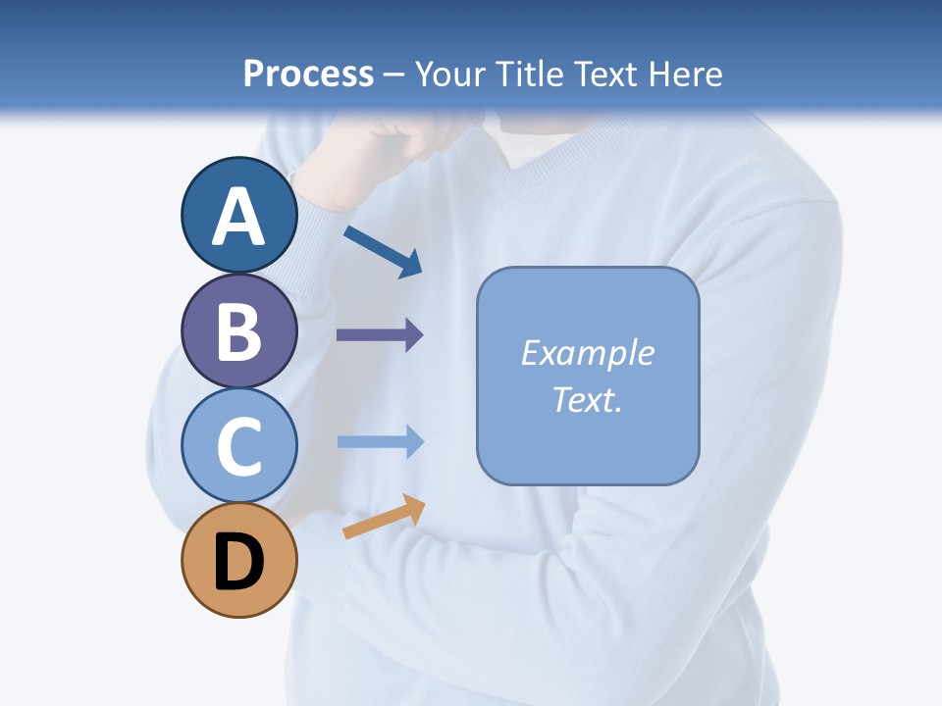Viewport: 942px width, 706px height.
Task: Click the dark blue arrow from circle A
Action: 383,251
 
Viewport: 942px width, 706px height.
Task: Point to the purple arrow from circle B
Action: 380,335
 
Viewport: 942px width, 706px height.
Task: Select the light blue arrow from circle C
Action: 380,442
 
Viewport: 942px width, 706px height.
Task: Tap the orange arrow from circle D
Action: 384,517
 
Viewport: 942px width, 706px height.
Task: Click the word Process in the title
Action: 308,75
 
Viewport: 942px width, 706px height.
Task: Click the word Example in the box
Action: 587,353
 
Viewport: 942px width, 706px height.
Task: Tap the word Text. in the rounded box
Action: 587,400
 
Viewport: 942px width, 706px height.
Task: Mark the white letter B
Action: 239,331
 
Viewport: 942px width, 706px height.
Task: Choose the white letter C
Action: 239,446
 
